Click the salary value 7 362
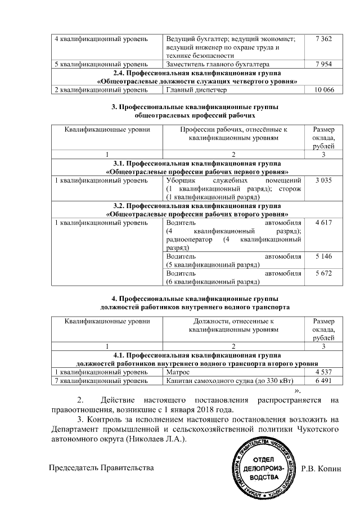(x=324, y=38)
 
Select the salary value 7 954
(x=324, y=64)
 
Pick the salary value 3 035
(x=324, y=180)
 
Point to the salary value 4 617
(x=324, y=223)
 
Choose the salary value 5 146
(x=324, y=256)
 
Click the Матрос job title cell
(x=179, y=372)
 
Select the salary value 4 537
(x=324, y=372)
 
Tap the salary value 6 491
(x=324, y=381)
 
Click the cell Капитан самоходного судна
(x=227, y=381)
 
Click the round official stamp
(x=263, y=470)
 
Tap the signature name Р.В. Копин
(x=321, y=468)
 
